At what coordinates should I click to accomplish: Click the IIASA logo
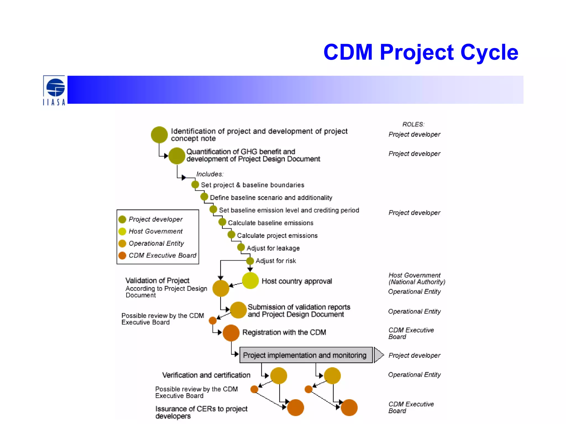54,91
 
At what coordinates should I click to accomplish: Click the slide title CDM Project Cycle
420,52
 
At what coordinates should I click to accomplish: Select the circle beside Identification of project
159,135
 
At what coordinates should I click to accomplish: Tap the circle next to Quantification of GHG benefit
177,156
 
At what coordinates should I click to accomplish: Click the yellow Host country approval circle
250,281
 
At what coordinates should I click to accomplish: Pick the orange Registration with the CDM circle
231,333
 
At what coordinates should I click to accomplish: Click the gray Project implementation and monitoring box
306,355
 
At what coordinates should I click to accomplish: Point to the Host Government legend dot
122,231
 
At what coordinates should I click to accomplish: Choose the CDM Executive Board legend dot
122,255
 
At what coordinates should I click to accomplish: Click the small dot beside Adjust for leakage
241,247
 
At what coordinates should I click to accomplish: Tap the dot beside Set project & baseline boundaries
195,184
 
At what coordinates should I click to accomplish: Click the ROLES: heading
413,124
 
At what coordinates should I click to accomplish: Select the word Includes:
210,174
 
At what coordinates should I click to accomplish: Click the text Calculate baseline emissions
271,223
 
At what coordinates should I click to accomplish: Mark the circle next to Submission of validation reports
238,310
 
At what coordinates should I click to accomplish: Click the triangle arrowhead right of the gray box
378,355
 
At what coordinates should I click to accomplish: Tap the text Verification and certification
206,375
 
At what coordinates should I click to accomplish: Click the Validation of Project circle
221,288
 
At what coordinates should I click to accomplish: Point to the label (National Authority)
417,282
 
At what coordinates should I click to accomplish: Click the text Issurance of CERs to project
201,409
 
